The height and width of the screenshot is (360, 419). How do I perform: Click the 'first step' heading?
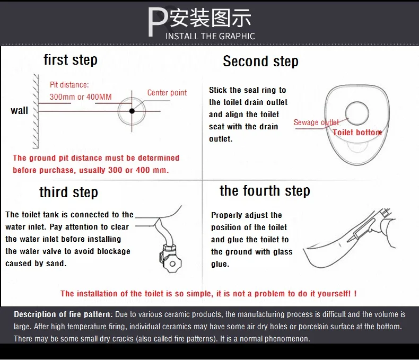point(71,60)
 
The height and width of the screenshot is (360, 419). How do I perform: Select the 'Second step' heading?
point(260,62)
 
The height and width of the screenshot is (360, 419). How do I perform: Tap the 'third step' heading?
point(68,192)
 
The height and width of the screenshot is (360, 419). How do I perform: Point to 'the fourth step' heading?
point(265,191)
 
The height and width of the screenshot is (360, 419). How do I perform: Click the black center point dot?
point(132,111)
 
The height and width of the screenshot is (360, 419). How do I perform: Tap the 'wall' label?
point(19,111)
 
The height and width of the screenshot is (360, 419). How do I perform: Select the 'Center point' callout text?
point(167,93)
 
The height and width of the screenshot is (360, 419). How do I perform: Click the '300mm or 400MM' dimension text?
point(81,96)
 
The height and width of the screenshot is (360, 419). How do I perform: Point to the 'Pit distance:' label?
point(69,85)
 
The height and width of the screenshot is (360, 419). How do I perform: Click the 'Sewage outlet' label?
point(317,122)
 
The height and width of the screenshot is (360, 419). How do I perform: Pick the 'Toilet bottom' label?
point(357,133)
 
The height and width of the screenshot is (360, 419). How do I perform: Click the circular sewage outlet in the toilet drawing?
point(357,113)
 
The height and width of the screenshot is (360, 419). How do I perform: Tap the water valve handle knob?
point(172,264)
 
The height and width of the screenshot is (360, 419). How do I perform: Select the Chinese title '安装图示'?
point(211,18)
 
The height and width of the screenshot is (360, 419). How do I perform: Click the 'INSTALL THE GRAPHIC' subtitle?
point(210,37)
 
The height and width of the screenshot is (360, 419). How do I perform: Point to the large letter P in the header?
point(158,22)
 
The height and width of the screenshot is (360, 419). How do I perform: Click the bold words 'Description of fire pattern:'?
point(63,314)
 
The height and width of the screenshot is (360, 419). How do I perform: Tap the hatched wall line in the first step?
point(36,111)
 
